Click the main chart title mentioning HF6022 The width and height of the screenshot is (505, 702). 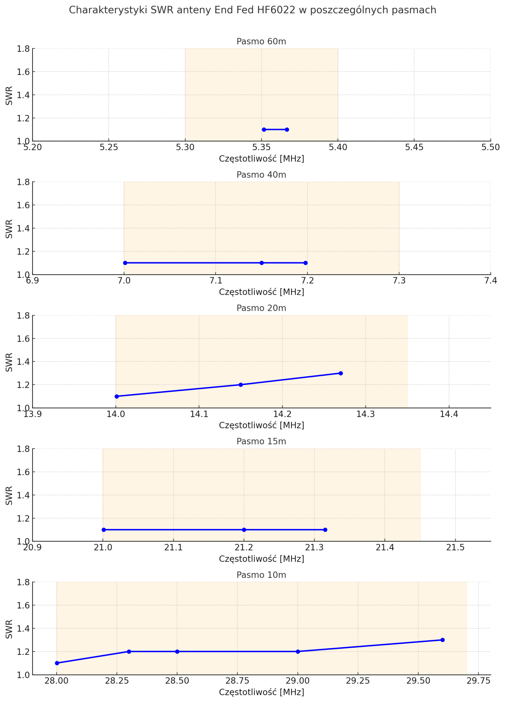(x=252, y=10)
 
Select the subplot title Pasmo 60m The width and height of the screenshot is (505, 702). (x=261, y=41)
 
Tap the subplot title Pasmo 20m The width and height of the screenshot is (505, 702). (x=261, y=308)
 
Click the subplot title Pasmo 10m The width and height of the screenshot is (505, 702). (x=261, y=575)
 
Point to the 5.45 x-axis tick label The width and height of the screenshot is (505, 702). (x=414, y=148)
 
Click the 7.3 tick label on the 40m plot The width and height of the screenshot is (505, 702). (x=399, y=281)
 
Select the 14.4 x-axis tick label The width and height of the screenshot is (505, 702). (x=449, y=414)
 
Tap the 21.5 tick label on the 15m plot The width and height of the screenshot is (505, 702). (x=455, y=548)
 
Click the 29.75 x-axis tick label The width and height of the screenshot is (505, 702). (x=478, y=681)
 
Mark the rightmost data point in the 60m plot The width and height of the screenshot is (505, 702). (x=287, y=130)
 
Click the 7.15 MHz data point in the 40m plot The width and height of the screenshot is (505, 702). (x=262, y=263)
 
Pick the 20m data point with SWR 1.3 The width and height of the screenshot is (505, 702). (x=341, y=373)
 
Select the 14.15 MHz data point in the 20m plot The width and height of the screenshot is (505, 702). (x=240, y=385)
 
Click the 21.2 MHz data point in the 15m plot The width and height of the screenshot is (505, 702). (x=244, y=530)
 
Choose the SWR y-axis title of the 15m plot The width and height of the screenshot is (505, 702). (x=9, y=496)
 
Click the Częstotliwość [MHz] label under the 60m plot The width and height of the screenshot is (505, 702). (x=261, y=159)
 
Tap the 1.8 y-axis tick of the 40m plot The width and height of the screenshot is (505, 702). (x=23, y=182)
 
